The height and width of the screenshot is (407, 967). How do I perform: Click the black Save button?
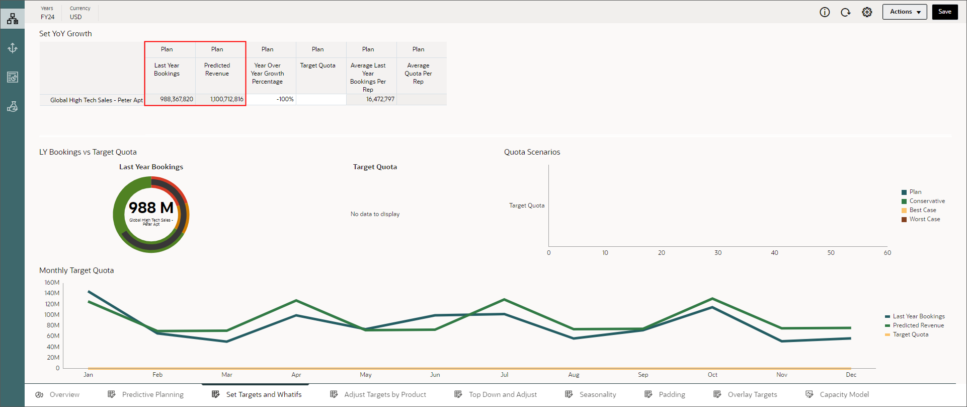coord(944,12)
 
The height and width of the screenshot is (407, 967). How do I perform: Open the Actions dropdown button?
coord(904,12)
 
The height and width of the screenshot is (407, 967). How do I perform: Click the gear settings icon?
coord(867,12)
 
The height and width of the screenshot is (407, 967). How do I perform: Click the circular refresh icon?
coord(845,12)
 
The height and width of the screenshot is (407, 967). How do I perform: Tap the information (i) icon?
coord(825,12)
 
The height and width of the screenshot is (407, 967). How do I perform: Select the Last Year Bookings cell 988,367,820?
coord(176,99)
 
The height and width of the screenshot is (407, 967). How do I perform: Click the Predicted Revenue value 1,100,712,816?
coord(226,99)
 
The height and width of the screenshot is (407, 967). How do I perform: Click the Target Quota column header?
coord(317,65)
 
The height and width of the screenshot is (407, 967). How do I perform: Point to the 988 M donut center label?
coord(151,208)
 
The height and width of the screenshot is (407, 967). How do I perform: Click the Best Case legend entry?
coord(922,210)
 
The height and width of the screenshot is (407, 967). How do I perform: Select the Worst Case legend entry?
coord(924,219)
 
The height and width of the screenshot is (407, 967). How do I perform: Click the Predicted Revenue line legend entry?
coord(918,325)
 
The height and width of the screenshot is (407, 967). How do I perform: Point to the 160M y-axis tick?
coord(52,283)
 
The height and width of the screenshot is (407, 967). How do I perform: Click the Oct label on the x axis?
coord(712,375)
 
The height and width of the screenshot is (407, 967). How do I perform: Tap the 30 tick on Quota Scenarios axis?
coord(717,253)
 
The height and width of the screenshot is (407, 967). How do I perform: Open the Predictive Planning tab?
coord(152,394)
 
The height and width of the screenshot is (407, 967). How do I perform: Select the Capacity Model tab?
coord(844,394)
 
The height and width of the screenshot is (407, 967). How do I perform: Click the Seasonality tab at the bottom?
coord(597,394)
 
